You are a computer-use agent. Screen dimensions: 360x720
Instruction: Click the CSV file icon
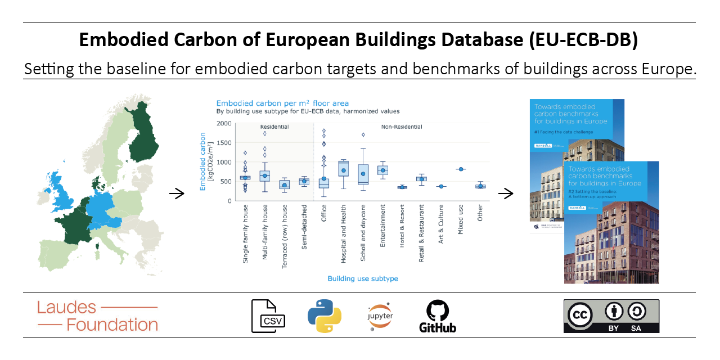click(268, 316)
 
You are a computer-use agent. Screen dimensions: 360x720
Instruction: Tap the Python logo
click(325, 316)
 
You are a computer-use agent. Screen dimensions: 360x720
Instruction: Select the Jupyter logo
click(380, 316)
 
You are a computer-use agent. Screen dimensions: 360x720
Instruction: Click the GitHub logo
click(438, 316)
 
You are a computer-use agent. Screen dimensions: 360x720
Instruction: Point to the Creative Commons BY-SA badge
click(611, 316)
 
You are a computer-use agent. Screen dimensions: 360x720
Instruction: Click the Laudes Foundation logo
click(97, 316)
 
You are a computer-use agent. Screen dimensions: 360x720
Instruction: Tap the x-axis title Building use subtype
click(363, 278)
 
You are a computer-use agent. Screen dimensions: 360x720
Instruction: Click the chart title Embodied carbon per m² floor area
click(282, 103)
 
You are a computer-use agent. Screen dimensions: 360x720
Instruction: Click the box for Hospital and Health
click(343, 169)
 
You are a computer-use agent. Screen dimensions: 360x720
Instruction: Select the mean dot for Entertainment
click(382, 170)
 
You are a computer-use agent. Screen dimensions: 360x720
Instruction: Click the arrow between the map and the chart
click(177, 194)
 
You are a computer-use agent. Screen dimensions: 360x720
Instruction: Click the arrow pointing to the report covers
click(506, 194)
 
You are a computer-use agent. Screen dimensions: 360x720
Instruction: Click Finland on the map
click(145, 138)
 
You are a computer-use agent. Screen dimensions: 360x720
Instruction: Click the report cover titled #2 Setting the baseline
click(611, 225)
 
